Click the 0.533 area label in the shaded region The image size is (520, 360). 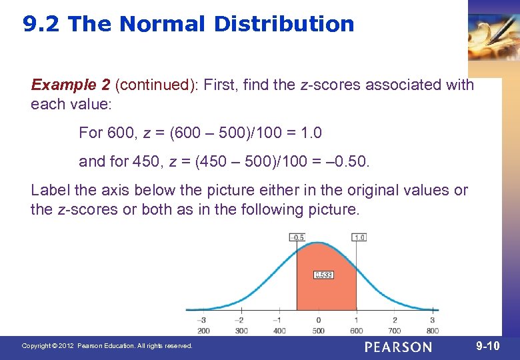(323, 275)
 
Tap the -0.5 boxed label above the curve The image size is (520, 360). (297, 237)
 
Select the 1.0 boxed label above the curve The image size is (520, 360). (358, 237)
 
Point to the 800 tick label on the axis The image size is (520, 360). (432, 330)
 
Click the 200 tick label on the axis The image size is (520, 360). (204, 330)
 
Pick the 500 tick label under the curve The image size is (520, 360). (318, 330)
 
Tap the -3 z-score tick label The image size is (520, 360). (203, 320)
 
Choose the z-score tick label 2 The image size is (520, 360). (395, 320)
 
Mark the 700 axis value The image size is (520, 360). (394, 330)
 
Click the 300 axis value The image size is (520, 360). (242, 330)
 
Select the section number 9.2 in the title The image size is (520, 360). (42, 24)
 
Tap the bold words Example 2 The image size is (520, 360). (71, 85)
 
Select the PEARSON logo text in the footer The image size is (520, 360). (398, 347)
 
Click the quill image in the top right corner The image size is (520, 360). (493, 37)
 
